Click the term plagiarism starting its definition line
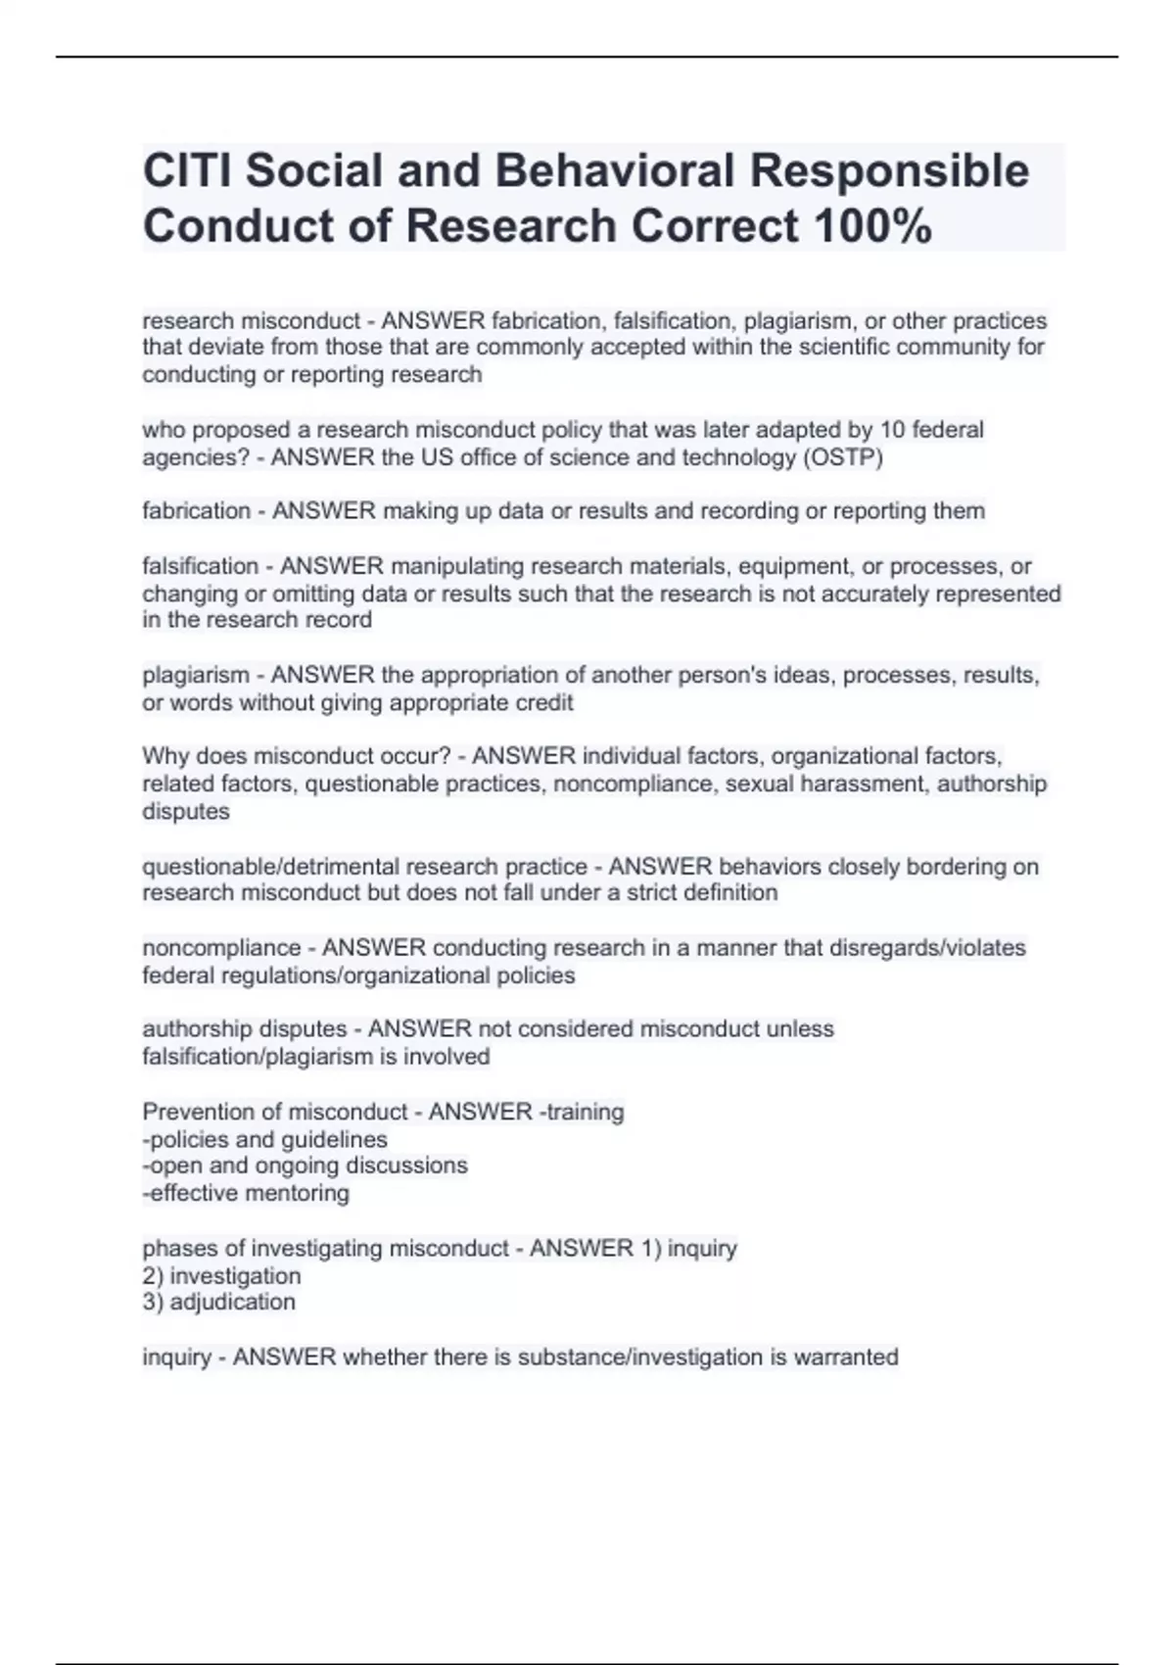(196, 676)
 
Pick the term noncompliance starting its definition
(221, 948)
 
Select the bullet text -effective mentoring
(246, 1193)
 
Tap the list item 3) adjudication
(218, 1302)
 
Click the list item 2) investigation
(221, 1276)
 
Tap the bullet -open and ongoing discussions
(305, 1165)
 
